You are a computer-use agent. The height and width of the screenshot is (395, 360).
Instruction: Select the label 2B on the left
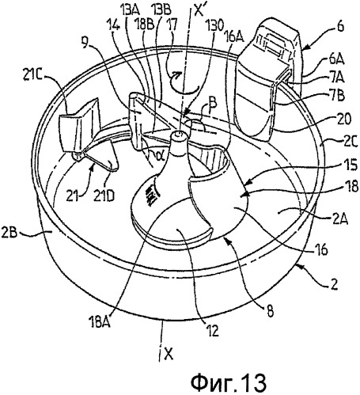click(x=9, y=234)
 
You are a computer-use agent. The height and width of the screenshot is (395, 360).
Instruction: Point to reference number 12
click(x=213, y=330)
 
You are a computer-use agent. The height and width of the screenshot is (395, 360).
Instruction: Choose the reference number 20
click(x=343, y=120)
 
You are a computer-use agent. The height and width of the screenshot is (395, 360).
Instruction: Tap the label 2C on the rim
click(x=350, y=142)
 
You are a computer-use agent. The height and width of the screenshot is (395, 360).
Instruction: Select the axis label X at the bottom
click(x=169, y=354)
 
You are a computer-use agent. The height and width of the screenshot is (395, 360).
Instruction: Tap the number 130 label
click(x=215, y=26)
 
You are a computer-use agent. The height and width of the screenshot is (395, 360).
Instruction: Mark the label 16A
click(x=234, y=37)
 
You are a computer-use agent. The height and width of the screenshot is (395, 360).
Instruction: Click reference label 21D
click(x=104, y=196)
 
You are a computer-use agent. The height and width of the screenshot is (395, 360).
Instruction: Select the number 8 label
click(x=270, y=310)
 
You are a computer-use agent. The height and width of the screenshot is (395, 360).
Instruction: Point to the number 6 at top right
click(x=340, y=27)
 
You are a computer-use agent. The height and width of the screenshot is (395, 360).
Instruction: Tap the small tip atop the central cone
click(x=179, y=135)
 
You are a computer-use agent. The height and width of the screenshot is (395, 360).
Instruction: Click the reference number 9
click(x=85, y=43)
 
